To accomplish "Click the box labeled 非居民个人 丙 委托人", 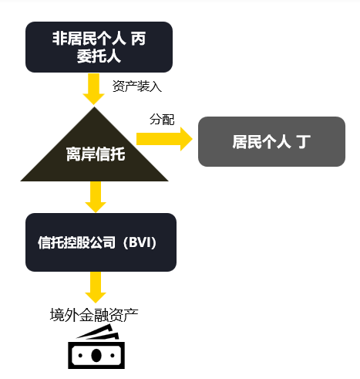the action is coord(99,47).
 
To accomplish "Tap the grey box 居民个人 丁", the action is coord(271,141).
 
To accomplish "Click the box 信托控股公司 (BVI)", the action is coord(101,242).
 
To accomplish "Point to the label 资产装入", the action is coord(137,86).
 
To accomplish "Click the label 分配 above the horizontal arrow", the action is coord(162,120).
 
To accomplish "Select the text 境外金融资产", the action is coord(94,315).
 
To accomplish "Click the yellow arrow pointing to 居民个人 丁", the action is coord(164,139).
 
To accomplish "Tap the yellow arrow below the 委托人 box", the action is coord(93,89).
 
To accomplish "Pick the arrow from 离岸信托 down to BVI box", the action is coord(96,197).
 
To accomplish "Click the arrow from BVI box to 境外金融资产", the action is coord(96,287).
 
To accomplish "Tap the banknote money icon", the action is coord(96,347).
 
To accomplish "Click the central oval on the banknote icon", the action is coord(96,355).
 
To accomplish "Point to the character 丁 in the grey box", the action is coord(304,141).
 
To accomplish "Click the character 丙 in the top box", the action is coord(139,39).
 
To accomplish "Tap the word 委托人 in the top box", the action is coord(99,56).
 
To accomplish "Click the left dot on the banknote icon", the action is coord(80,356).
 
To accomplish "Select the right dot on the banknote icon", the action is coord(113,356).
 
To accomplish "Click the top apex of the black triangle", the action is coord(95,107).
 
